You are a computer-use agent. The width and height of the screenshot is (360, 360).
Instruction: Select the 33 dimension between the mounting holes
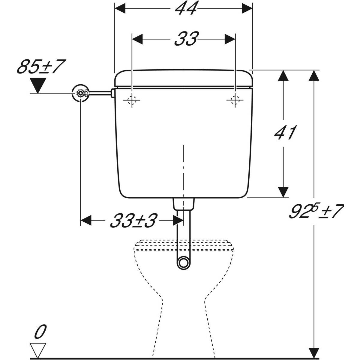[186, 39]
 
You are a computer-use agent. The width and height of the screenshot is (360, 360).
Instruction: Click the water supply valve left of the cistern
[81, 93]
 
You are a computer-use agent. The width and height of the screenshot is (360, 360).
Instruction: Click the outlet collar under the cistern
[183, 204]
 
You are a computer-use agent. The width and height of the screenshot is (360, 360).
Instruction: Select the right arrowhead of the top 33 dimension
[229, 39]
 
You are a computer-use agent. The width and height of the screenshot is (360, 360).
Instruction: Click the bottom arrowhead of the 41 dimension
[283, 192]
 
